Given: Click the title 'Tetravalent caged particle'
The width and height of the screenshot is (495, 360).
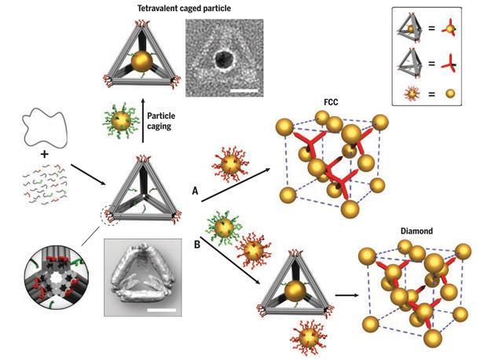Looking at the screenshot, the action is [x=184, y=8].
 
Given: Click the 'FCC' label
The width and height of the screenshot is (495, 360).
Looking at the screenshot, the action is [x=331, y=102].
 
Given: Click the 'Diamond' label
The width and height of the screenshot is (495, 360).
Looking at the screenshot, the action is [x=416, y=231].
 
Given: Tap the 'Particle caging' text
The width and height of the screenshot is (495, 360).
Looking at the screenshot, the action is [x=161, y=121].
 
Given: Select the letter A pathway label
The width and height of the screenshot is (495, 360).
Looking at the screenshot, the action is [x=195, y=191].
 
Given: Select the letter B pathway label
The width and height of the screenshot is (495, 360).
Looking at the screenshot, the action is [x=197, y=244].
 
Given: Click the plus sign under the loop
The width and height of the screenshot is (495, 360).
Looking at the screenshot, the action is [x=45, y=154].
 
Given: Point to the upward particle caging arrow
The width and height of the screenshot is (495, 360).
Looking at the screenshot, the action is [x=143, y=120].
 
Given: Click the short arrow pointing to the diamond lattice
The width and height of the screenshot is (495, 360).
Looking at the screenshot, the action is [x=347, y=296].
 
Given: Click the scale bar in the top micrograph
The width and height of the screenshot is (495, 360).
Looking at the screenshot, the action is [x=244, y=91].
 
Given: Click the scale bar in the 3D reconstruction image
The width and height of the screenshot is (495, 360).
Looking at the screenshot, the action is [x=161, y=310].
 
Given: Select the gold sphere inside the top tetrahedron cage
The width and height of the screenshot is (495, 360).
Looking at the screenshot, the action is [x=141, y=62].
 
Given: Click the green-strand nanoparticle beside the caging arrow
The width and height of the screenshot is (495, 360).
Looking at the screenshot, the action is [x=120, y=120].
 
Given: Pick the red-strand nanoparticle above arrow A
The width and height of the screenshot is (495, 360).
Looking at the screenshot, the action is [x=231, y=164].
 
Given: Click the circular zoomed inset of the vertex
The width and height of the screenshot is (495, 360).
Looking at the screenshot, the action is [x=57, y=277].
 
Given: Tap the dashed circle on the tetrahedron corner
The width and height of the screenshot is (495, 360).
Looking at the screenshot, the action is [x=110, y=215].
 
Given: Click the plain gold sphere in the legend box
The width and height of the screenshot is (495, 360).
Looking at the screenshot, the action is [x=450, y=94].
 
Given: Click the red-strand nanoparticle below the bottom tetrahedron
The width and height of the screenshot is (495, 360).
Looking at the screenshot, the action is [x=309, y=339].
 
